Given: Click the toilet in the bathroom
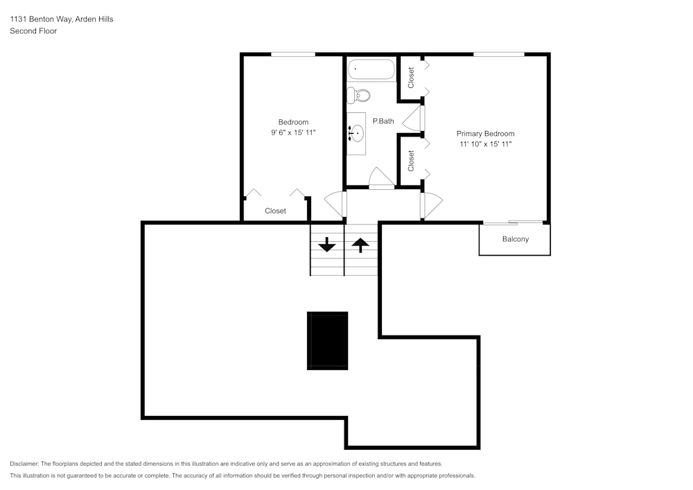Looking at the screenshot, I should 358,94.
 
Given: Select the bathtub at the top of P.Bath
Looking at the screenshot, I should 371,70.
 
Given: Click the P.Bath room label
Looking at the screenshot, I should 383,121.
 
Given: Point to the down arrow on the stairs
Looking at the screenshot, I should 326,245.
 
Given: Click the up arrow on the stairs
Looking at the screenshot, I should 360,245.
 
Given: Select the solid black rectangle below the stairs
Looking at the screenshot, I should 328,340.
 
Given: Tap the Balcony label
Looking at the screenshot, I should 515,239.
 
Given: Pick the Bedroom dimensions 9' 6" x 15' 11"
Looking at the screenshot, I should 293,132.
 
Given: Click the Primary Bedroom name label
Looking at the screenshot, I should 485,134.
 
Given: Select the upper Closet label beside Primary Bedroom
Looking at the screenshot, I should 411,77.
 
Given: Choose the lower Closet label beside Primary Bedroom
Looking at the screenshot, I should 411,161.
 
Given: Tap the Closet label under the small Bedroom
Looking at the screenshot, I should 275,211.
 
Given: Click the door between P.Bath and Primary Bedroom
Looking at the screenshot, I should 414,118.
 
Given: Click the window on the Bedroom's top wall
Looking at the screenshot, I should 292,54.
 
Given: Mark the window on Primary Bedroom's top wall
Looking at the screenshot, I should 498,54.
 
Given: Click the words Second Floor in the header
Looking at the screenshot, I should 33,31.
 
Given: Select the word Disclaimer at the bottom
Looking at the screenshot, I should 24,464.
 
